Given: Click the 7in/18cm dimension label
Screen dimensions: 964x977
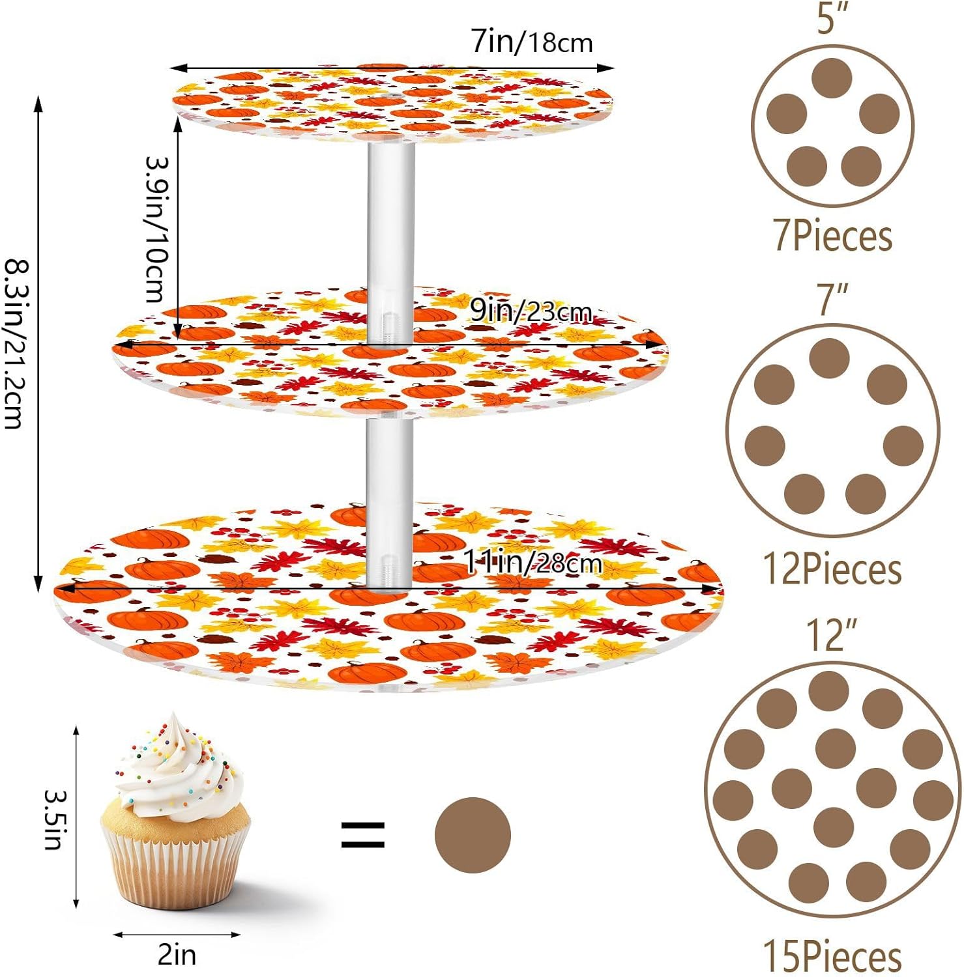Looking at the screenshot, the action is pos(532,42).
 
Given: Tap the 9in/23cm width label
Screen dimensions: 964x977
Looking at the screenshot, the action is pos(531,312).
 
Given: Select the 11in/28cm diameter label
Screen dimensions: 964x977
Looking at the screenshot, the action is pos(532,562).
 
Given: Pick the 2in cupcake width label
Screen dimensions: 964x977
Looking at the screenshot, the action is pos(177,955).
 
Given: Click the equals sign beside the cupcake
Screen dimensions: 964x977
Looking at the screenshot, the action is pos(363,835).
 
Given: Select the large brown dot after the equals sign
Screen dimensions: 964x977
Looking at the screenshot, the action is pos(473,835).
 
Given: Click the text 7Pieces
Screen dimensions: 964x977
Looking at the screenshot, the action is pos(832,236).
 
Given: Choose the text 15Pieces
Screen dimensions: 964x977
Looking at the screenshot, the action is pos(832,956).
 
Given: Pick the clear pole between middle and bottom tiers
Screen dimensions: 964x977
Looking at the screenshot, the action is pos(389,495).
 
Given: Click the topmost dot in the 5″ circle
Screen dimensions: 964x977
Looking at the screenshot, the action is pos(832,78).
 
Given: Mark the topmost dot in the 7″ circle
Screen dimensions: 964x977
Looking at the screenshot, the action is pos(829,358).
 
